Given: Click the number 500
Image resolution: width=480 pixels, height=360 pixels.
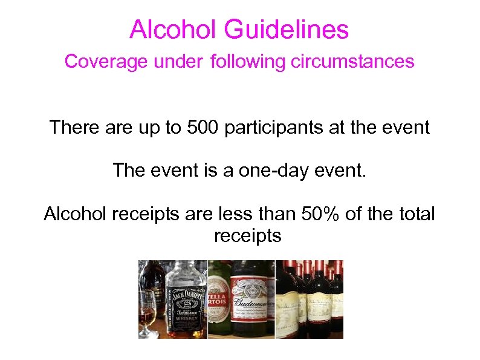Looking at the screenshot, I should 203,128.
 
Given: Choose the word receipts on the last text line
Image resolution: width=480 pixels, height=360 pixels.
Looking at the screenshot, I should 248,236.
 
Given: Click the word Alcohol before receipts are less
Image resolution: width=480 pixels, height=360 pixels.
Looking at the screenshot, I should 76,214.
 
